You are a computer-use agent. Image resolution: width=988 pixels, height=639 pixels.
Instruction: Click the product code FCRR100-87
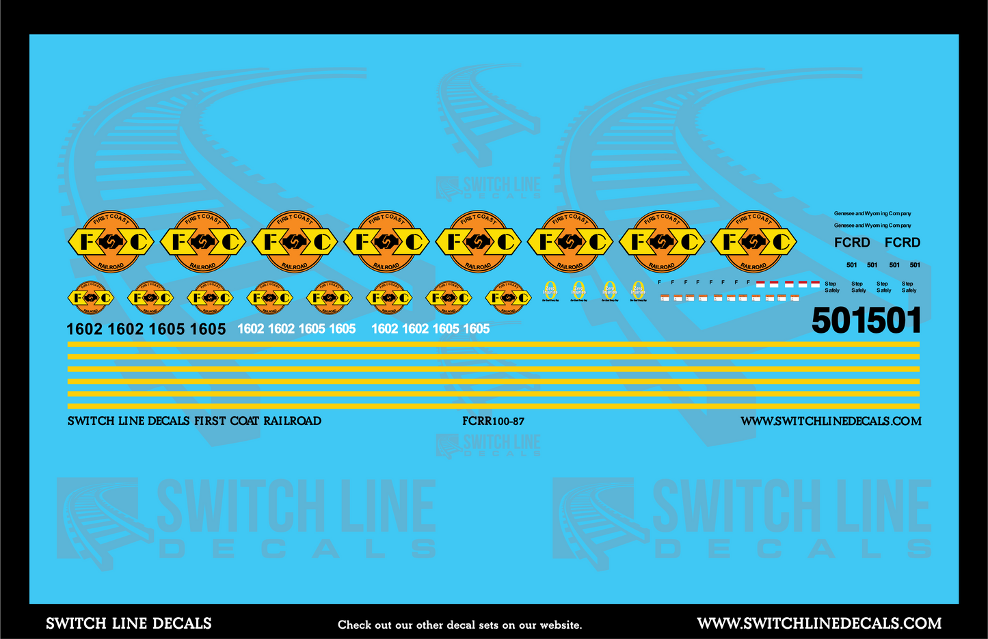click(493, 422)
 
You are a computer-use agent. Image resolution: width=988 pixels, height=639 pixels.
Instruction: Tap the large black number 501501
click(866, 321)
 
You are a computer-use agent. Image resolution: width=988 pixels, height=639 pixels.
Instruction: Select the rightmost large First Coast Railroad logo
click(753, 241)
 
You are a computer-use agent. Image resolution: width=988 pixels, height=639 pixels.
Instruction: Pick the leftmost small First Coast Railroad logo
click(90, 297)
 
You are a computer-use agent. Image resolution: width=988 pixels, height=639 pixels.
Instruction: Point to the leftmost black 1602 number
click(84, 329)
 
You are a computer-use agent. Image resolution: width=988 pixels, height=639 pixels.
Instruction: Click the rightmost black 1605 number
click(208, 329)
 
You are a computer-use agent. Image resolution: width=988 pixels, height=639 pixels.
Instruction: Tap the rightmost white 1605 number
click(476, 329)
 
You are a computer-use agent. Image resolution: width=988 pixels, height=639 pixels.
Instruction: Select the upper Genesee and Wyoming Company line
click(872, 214)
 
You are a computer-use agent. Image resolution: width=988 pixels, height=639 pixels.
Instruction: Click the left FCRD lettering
click(852, 243)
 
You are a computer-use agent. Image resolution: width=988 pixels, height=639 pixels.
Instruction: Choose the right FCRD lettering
click(903, 243)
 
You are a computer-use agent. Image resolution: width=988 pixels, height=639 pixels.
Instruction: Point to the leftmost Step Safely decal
click(831, 287)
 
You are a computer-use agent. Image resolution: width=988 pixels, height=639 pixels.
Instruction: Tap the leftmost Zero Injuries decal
click(550, 290)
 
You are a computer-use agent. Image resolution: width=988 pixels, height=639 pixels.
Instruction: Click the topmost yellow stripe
click(493, 344)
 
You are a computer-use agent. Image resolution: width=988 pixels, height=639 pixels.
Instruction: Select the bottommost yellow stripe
click(493, 406)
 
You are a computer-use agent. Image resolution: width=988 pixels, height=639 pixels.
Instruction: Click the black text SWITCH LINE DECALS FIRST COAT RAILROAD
click(194, 421)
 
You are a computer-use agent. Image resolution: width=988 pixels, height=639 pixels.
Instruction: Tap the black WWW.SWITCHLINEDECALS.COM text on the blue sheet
click(831, 422)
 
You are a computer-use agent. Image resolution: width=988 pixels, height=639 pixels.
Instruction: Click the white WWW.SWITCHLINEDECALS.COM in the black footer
click(819, 623)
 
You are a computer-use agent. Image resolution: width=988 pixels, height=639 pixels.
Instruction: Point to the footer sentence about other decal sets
click(459, 625)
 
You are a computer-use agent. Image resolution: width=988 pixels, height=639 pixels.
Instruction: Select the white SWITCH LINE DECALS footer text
click(129, 623)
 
